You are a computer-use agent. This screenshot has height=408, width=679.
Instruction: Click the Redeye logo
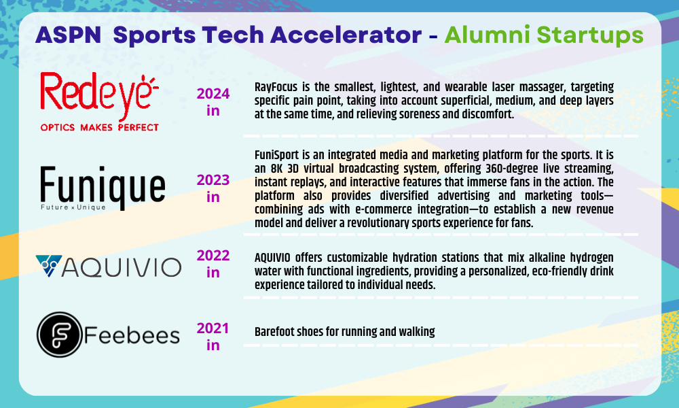pyautogui.click(x=100, y=102)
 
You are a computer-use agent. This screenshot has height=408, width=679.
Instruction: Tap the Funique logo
pyautogui.click(x=103, y=188)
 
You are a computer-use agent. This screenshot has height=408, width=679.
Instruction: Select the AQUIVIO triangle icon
pyautogui.click(x=48, y=266)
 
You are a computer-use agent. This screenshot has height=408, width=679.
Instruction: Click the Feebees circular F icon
pyautogui.click(x=59, y=335)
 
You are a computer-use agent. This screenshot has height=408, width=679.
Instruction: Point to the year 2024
pyautogui.click(x=213, y=94)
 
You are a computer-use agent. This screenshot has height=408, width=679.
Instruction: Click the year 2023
pyautogui.click(x=213, y=180)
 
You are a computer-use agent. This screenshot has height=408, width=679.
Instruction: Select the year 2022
pyautogui.click(x=213, y=256)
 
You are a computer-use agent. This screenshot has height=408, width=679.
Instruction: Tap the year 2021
pyautogui.click(x=213, y=328)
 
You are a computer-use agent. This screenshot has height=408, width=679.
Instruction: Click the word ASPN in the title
pyautogui.click(x=69, y=35)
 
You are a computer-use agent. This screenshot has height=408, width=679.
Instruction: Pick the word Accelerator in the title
pyautogui.click(x=346, y=35)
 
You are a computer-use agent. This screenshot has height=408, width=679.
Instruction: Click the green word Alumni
pyautogui.click(x=487, y=35)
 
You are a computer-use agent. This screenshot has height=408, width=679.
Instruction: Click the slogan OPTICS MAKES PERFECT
pyautogui.click(x=100, y=127)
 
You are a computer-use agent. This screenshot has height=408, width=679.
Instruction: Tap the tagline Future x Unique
pyautogui.click(x=73, y=207)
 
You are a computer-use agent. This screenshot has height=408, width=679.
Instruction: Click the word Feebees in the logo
pyautogui.click(x=132, y=336)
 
